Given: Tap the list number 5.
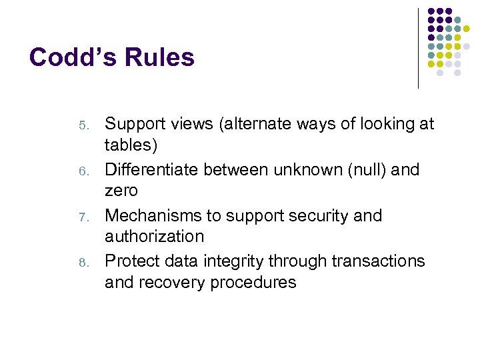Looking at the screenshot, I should coord(83,125).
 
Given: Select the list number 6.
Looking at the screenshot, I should coord(83,171).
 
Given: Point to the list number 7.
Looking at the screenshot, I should coord(83,217).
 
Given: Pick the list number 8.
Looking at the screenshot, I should coord(83,263).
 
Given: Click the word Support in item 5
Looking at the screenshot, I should coord(136,125).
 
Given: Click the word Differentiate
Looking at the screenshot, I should coord(151,170).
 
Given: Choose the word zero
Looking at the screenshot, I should coord(121,191).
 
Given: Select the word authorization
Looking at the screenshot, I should coord(154,236).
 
